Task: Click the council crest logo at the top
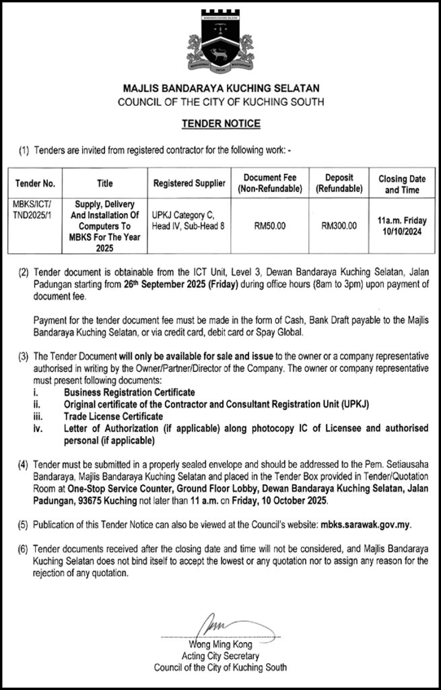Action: tap(220, 44)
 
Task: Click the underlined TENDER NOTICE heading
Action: tap(220, 124)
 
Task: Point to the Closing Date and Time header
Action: tap(402, 184)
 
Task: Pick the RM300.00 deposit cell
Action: tap(339, 226)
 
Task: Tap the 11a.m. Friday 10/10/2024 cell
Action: tap(402, 226)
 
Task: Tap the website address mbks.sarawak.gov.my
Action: tap(366, 523)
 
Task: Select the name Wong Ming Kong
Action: tap(220, 644)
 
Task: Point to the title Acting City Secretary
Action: tap(220, 656)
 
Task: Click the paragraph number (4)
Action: tap(24, 465)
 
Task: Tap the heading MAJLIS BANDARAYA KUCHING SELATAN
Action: tap(220, 88)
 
